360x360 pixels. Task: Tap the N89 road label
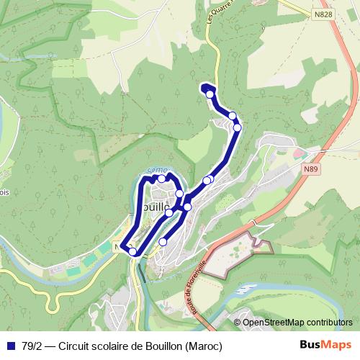310,169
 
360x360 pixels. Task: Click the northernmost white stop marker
210,94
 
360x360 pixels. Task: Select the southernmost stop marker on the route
132,251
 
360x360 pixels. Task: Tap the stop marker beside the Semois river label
162,179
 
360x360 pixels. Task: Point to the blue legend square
10,346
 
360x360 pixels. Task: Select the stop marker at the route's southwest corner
132,251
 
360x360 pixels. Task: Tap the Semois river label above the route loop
157,169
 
